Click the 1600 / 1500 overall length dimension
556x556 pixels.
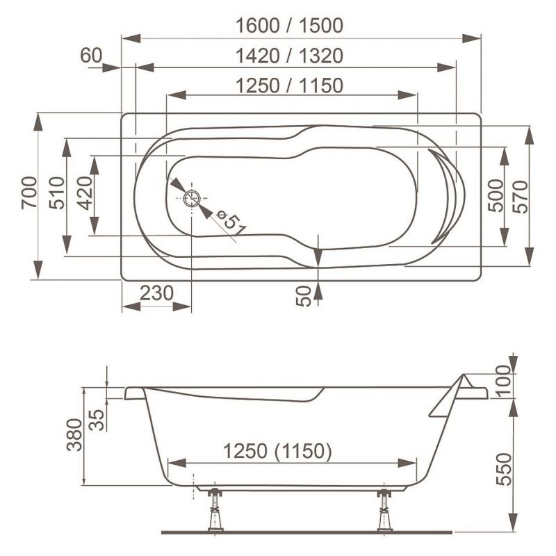[289, 26]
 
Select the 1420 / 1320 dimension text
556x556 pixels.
[289, 56]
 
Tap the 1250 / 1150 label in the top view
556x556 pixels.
[289, 85]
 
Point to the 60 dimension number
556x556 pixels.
[91, 56]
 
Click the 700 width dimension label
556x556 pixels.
[29, 193]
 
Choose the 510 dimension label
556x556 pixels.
[57, 193]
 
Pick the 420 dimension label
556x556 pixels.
[85, 193]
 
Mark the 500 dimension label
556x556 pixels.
[496, 195]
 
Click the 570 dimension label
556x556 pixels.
[520, 197]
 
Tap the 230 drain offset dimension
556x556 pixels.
[156, 293]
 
